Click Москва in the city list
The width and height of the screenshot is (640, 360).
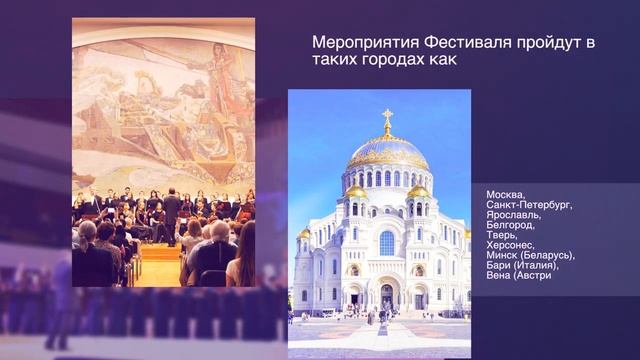click(x=505, y=194)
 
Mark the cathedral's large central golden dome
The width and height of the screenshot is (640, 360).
click(x=387, y=153)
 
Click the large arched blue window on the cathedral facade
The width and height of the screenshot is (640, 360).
click(x=387, y=242)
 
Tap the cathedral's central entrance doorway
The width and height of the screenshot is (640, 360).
click(x=387, y=296)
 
